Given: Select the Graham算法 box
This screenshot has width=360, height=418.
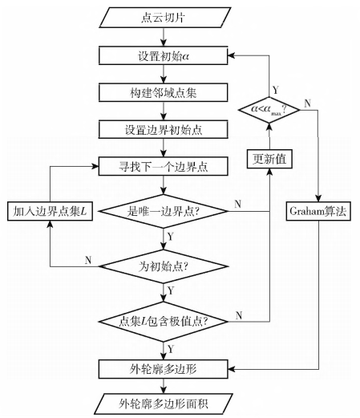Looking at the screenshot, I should (x=318, y=212).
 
